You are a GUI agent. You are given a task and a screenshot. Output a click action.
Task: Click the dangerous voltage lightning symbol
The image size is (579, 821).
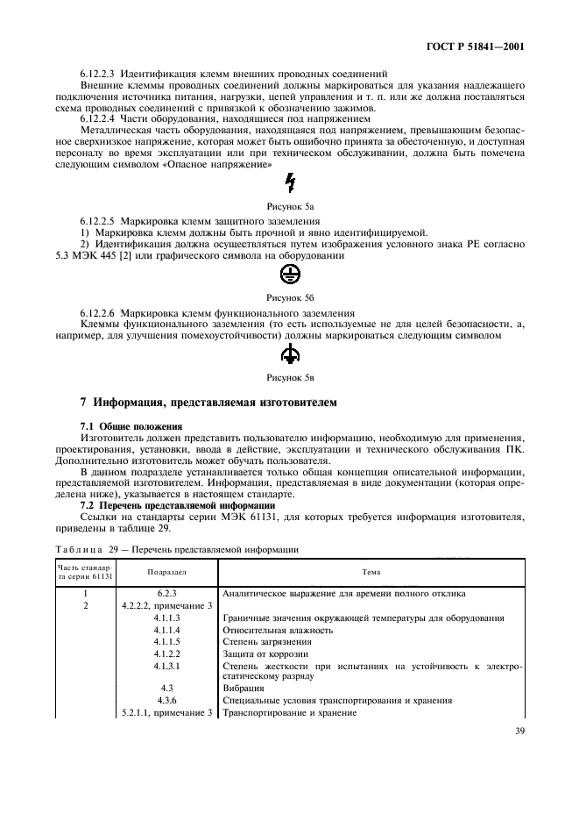[290, 182]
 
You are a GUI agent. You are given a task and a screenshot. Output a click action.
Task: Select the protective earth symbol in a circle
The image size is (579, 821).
[290, 272]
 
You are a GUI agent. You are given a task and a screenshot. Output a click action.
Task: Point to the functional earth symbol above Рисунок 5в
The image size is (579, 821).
[290, 353]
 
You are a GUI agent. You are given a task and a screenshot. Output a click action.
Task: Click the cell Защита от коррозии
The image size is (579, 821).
[263, 653]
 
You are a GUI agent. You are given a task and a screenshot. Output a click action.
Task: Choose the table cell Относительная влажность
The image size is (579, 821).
[278, 630]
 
